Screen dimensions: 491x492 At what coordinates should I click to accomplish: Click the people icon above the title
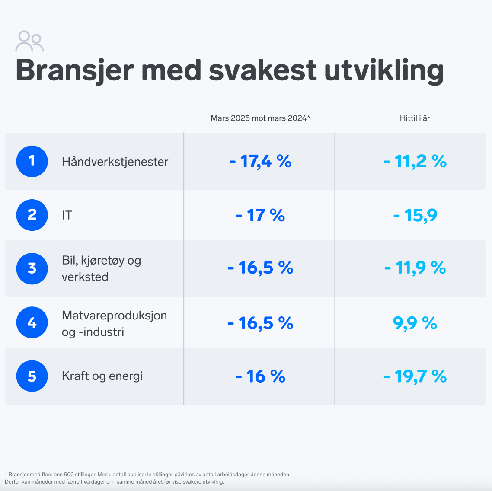[x=29, y=41]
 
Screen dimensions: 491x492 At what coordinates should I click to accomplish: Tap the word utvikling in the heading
[x=384, y=70]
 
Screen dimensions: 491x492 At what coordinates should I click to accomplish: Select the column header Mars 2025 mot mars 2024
[x=260, y=118]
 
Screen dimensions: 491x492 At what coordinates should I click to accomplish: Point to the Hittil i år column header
[x=415, y=118]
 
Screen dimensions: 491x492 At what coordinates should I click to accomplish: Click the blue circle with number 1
[x=32, y=161]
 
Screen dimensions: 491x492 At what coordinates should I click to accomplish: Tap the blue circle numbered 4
[x=32, y=322]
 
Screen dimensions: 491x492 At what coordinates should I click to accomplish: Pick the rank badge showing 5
[x=32, y=376]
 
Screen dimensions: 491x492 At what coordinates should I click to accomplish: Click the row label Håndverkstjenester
[x=115, y=162]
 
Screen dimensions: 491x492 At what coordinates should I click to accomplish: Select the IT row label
[x=67, y=215]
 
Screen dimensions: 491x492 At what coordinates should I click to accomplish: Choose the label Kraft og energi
[x=102, y=376]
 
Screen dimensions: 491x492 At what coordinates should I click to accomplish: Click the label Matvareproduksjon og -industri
[x=114, y=323]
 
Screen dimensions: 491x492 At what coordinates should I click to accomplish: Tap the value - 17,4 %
[x=260, y=162]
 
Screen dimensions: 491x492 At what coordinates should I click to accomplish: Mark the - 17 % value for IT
[x=260, y=215]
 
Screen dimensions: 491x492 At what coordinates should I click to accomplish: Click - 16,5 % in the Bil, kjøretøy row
[x=260, y=268]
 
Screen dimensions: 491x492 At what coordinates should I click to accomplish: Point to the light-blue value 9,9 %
[x=415, y=323]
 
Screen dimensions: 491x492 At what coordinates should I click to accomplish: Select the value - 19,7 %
[x=415, y=376]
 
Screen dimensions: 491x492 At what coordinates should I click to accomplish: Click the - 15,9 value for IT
[x=415, y=215]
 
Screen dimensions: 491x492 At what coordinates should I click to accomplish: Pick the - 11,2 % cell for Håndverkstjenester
[x=415, y=162]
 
